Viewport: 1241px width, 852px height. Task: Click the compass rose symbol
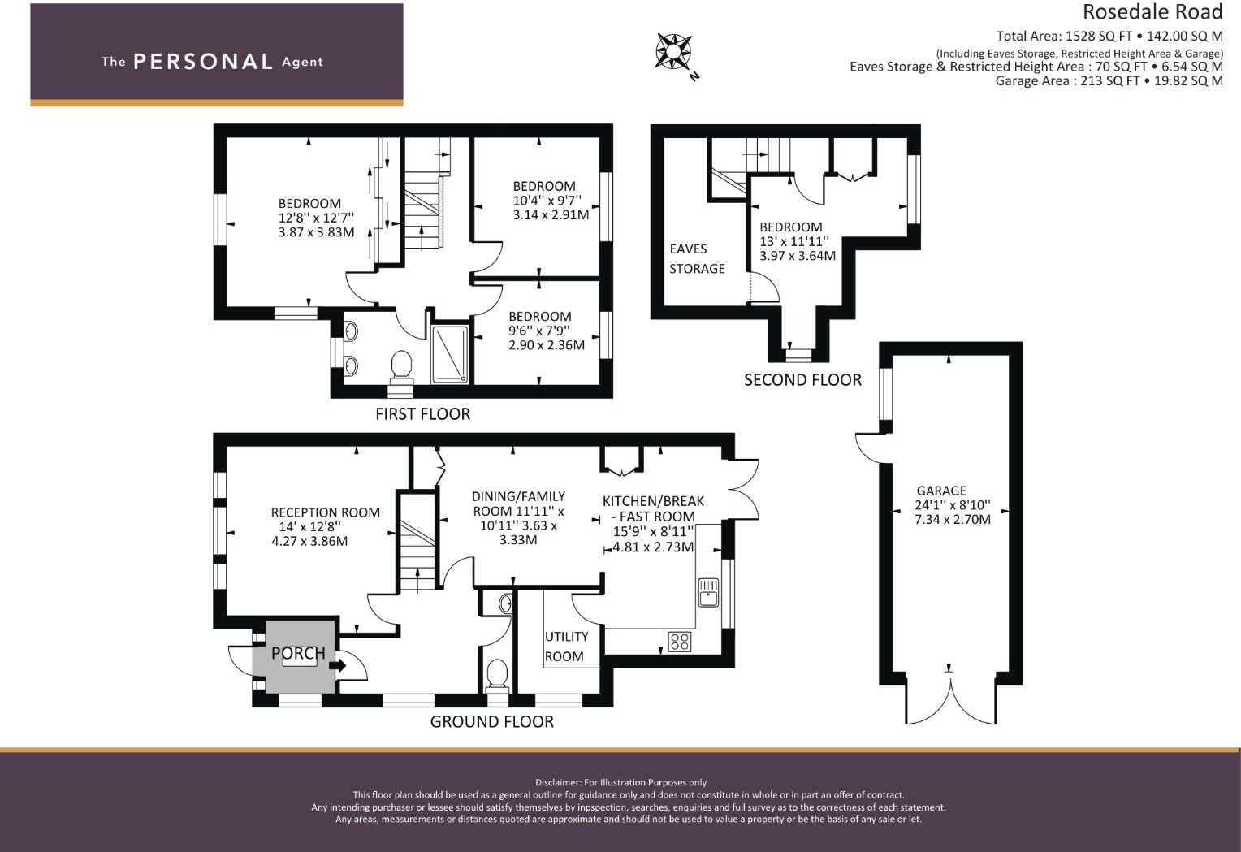click(x=673, y=51)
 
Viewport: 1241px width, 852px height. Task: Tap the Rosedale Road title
click(x=1152, y=11)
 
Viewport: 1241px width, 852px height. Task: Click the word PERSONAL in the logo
click(x=203, y=62)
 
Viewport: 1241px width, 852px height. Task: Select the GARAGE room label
click(x=941, y=491)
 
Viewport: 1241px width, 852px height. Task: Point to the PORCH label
click(x=298, y=654)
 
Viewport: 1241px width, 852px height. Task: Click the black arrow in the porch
click(x=337, y=664)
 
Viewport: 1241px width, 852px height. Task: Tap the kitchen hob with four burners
click(x=680, y=642)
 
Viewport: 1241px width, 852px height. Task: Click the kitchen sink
click(x=708, y=592)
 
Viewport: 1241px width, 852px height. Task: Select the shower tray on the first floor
click(x=450, y=355)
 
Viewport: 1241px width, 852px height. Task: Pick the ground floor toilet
click(x=497, y=676)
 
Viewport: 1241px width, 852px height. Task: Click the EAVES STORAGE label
click(x=697, y=259)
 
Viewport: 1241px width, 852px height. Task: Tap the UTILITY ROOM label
click(x=565, y=647)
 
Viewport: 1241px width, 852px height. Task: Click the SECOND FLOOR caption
click(x=802, y=380)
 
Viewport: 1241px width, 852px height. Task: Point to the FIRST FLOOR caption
click(x=422, y=413)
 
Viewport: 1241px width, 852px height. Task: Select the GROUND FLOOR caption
click(x=492, y=721)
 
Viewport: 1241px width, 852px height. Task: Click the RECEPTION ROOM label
click(x=325, y=512)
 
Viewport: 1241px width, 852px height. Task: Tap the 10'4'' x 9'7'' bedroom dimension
click(x=547, y=200)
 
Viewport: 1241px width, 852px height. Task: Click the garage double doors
click(x=951, y=698)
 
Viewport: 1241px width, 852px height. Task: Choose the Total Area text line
click(x=1109, y=36)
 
